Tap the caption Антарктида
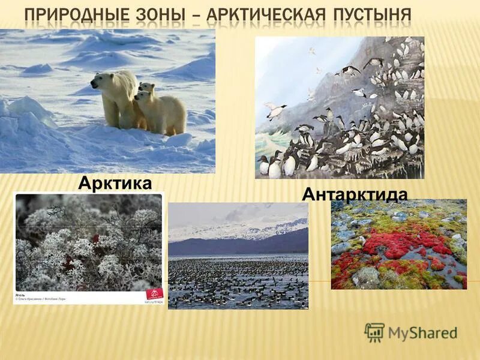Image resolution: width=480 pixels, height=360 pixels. click(x=355, y=194)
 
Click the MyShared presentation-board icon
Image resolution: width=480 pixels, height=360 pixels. click(x=374, y=332)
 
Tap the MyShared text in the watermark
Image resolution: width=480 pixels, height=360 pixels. click(x=422, y=333)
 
